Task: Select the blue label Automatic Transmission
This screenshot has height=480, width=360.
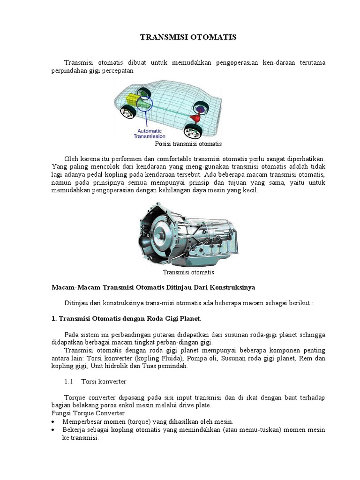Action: pos(147,134)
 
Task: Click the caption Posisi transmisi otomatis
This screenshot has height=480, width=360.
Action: pos(188,144)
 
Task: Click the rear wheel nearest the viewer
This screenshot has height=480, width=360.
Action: pos(193,129)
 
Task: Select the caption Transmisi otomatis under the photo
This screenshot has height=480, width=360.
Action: pos(188,272)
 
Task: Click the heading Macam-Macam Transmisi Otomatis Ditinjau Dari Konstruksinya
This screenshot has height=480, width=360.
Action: pos(153,287)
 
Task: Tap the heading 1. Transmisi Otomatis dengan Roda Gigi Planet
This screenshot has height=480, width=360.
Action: pos(126,319)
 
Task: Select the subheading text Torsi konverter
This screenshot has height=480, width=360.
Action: pos(104,382)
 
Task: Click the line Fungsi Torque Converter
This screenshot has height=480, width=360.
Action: pos(88,413)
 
